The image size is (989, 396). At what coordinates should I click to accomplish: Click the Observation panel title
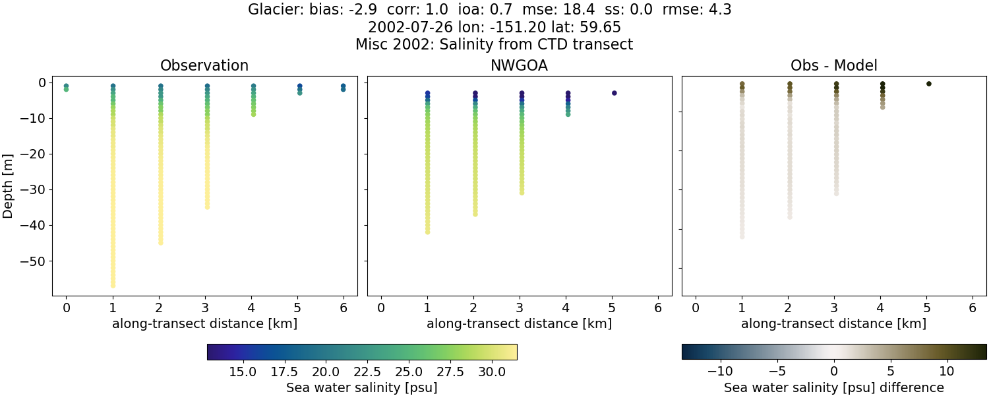(x=204, y=66)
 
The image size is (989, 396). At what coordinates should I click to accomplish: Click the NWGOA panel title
(x=520, y=66)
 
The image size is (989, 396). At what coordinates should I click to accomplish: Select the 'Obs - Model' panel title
(x=834, y=66)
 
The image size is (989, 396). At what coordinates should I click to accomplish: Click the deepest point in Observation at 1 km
(x=113, y=285)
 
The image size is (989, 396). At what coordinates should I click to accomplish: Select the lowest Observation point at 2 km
(x=160, y=242)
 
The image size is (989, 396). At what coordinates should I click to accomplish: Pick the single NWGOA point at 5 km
(x=614, y=93)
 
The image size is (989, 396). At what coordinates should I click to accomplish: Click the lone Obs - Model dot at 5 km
(x=928, y=84)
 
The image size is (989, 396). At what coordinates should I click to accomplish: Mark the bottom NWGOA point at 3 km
(x=522, y=193)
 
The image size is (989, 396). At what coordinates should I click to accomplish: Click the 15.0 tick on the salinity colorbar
(x=243, y=372)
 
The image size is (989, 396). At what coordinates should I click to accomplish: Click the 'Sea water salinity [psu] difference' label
(x=834, y=387)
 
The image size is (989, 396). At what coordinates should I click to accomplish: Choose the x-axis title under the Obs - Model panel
(x=834, y=324)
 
